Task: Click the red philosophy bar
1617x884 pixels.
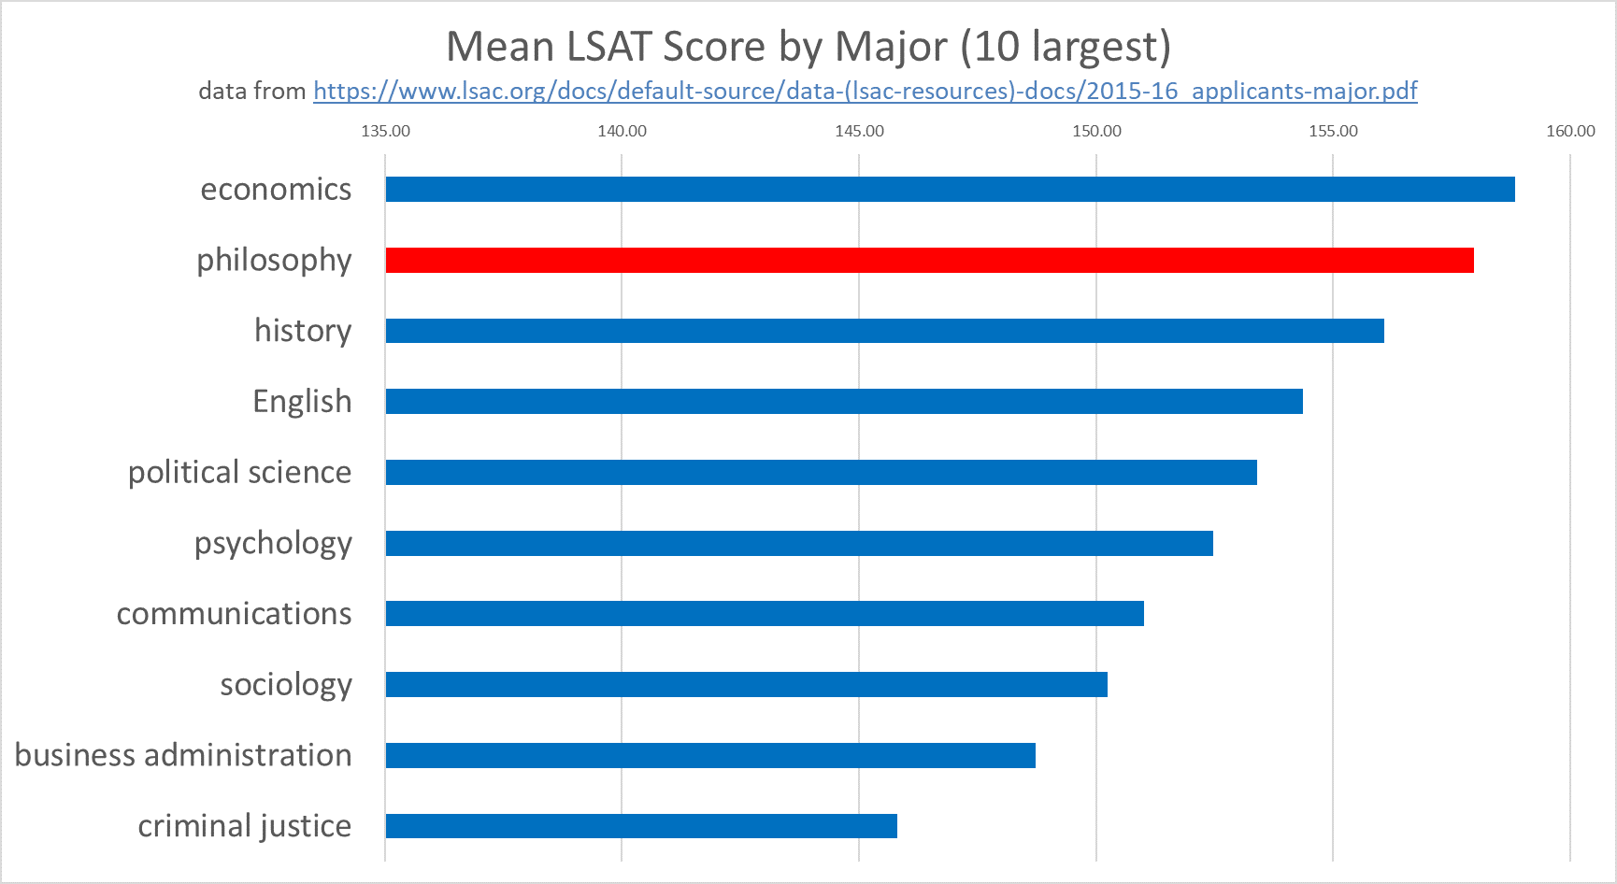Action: (x=929, y=260)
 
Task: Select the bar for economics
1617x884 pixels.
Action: (x=950, y=189)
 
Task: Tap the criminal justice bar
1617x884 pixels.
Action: (x=641, y=826)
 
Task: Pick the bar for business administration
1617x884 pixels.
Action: (x=710, y=755)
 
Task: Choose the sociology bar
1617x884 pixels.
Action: (x=746, y=684)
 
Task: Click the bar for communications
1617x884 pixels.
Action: (x=765, y=614)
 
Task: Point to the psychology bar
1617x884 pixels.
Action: (x=799, y=543)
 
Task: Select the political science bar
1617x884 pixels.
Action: (x=821, y=472)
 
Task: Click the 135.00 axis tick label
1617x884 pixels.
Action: (x=385, y=131)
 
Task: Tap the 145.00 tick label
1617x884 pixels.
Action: (x=859, y=131)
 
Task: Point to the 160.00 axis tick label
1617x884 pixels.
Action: (x=1570, y=131)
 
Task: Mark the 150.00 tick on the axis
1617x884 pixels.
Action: (x=1096, y=131)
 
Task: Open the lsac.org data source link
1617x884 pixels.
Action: (x=865, y=91)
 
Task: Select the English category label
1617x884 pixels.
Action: (x=302, y=402)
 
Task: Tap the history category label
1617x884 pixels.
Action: (x=303, y=331)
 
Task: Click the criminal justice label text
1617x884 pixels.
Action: (x=244, y=826)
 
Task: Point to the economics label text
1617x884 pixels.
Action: (x=276, y=189)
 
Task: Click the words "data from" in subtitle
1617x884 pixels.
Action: (x=251, y=91)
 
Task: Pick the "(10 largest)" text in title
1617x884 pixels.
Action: (x=1066, y=47)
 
